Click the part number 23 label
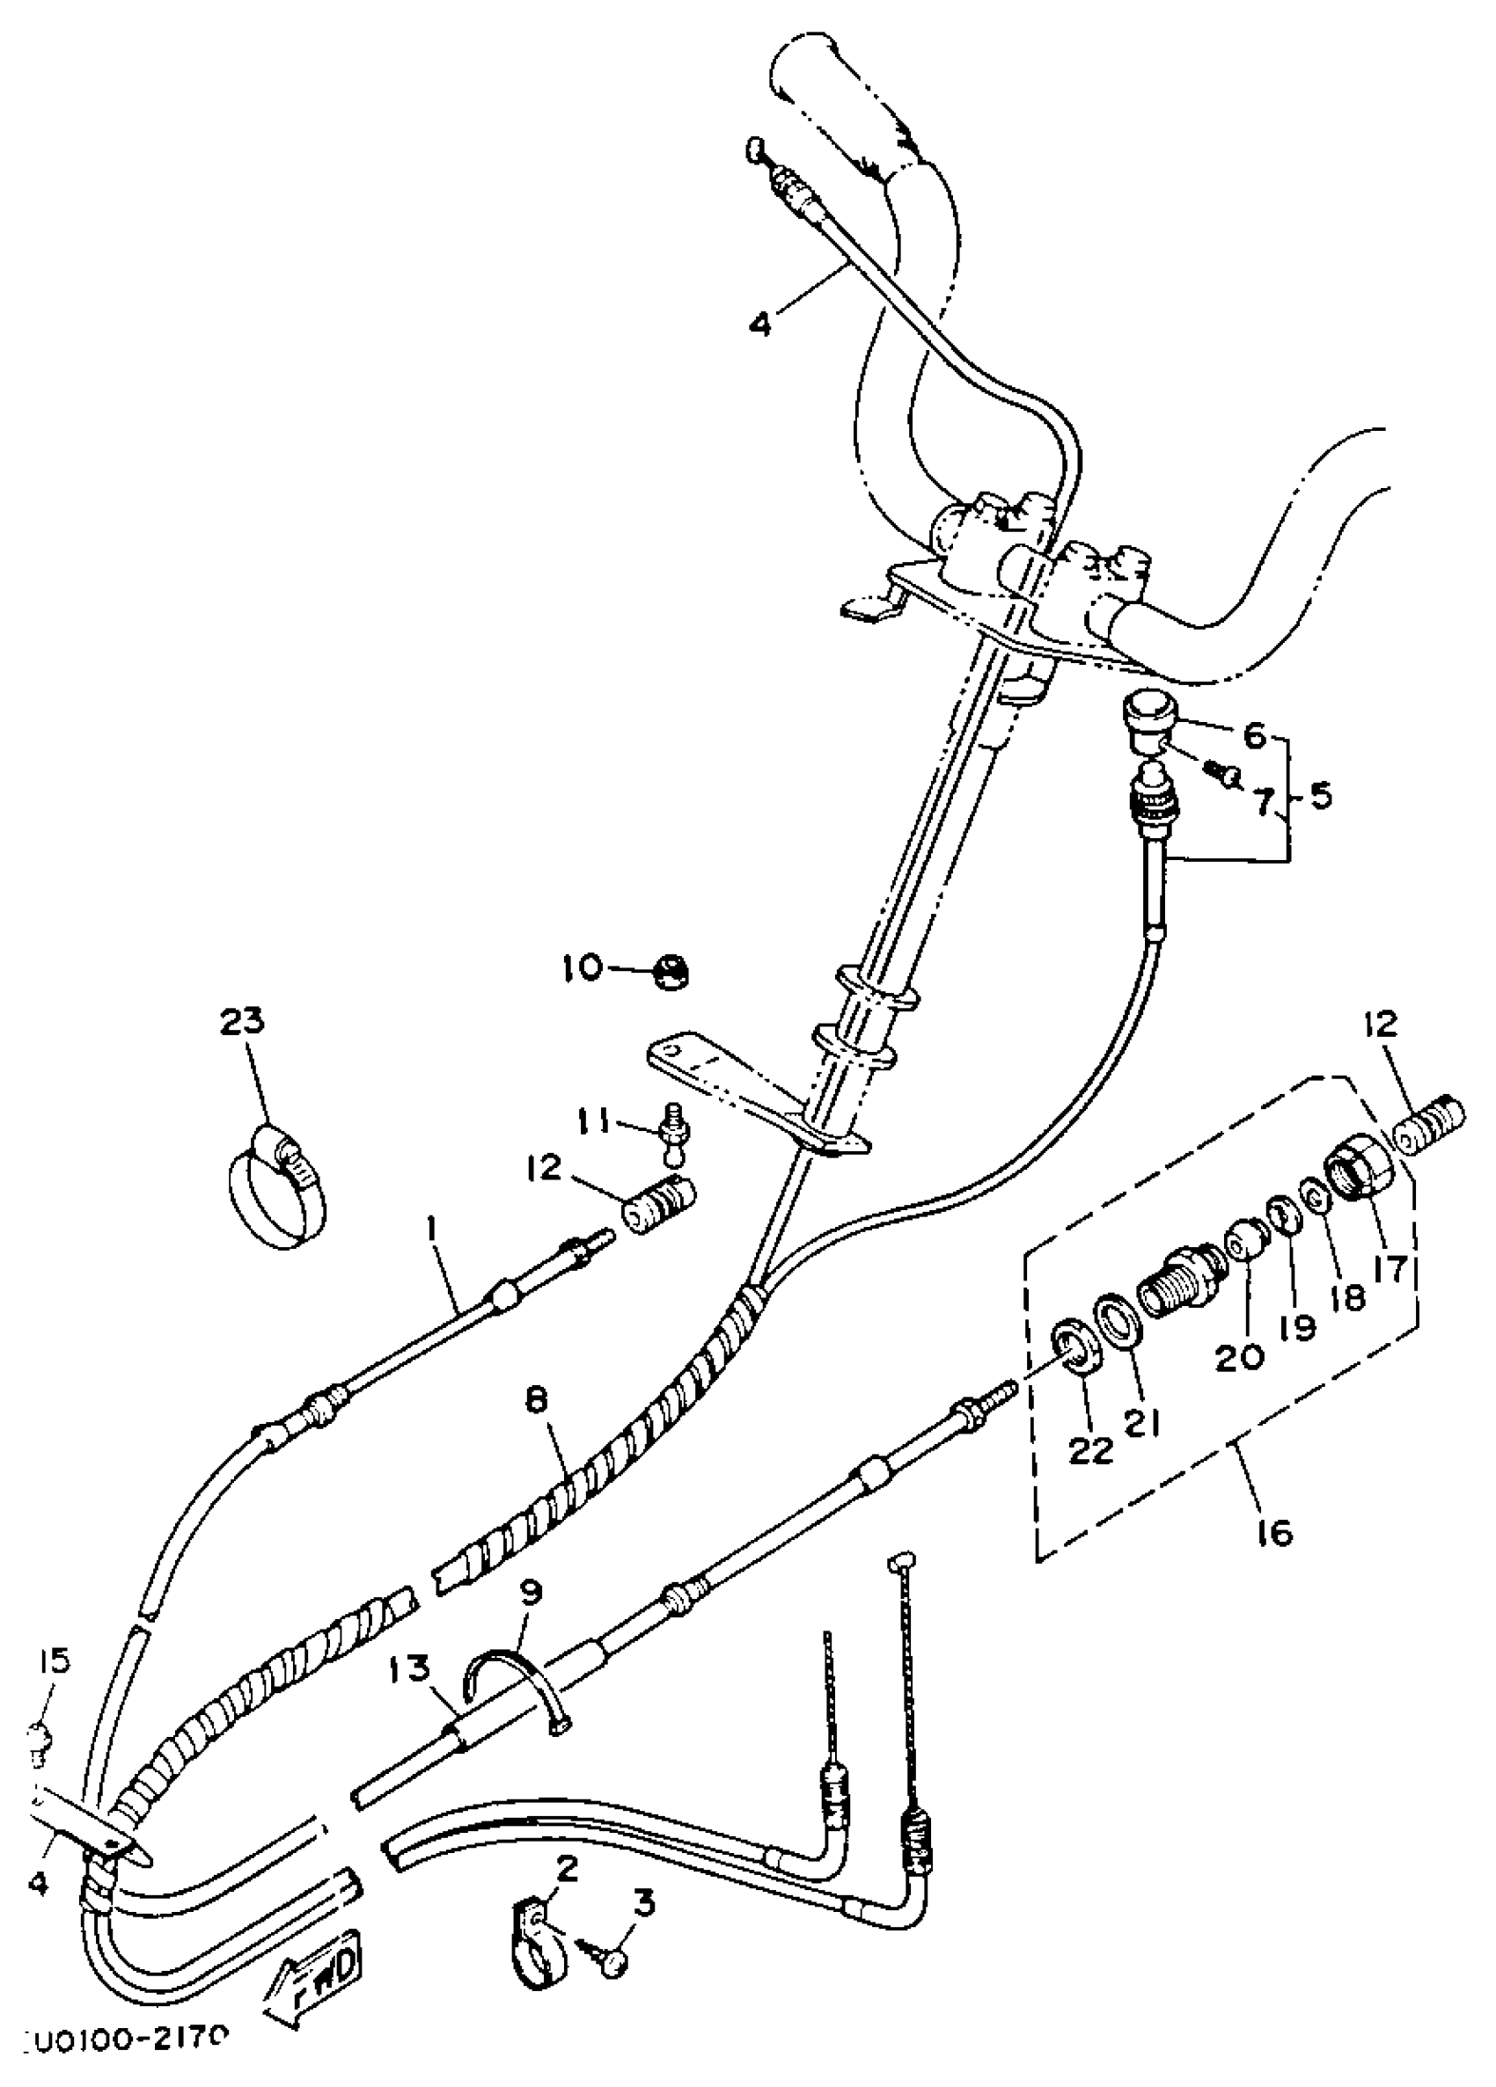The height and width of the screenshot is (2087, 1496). (241, 1021)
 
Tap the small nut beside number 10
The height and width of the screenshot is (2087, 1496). (673, 972)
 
